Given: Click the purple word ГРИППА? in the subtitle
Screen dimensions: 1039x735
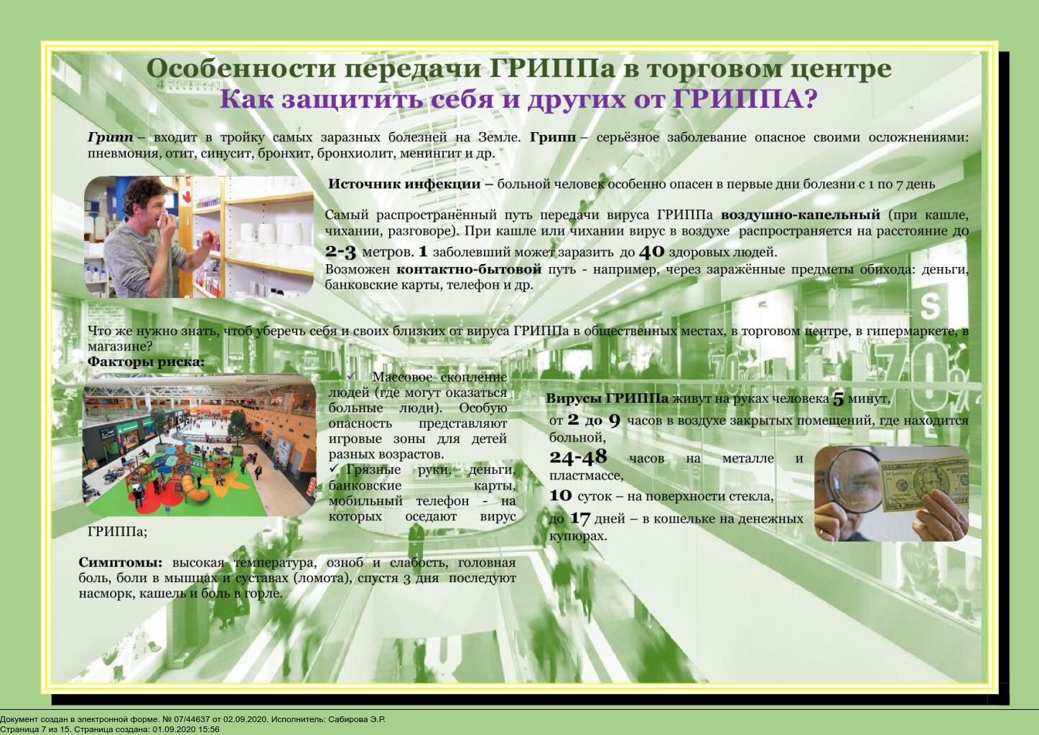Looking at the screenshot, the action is (745, 99).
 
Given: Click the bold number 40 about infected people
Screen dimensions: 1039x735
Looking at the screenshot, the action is (652, 252).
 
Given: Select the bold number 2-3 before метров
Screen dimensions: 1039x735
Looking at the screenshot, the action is (340, 252).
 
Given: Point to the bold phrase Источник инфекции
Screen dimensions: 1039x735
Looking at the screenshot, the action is (404, 184).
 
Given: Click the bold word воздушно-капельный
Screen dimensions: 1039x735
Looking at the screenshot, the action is (801, 215).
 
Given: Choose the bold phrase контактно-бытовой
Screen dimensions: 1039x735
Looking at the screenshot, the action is (469, 269).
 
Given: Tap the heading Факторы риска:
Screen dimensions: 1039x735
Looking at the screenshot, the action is (146, 362).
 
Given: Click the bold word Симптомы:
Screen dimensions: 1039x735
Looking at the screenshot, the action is (121, 563).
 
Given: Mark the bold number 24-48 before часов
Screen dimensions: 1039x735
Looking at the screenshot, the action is (578, 457).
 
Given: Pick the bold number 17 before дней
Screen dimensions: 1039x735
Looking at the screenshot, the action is (579, 518).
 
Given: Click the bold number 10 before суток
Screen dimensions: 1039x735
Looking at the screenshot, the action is (561, 496).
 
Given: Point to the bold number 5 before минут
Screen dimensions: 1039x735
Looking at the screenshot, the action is (838, 399).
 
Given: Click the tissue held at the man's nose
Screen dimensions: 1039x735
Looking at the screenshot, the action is (162, 219).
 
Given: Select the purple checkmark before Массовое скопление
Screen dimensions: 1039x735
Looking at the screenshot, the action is (352, 375).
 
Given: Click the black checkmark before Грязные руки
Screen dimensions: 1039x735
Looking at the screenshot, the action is (334, 469).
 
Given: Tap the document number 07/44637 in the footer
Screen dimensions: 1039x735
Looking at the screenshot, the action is (191, 719).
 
